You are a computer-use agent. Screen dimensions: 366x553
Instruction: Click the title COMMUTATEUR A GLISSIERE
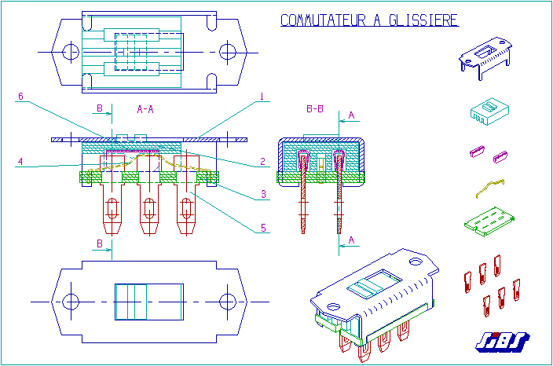(369, 20)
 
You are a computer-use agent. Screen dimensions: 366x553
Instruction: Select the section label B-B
(314, 108)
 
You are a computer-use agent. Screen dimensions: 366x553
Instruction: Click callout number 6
(21, 97)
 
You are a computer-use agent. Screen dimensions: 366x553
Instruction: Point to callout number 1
(262, 97)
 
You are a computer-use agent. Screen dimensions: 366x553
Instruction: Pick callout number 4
(21, 163)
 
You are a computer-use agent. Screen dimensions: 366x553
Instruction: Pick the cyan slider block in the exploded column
(489, 110)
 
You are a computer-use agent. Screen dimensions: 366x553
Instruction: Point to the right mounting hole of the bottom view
(228, 301)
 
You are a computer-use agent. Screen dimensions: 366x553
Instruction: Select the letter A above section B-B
(351, 115)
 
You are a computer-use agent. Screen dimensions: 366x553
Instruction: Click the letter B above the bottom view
(100, 244)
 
